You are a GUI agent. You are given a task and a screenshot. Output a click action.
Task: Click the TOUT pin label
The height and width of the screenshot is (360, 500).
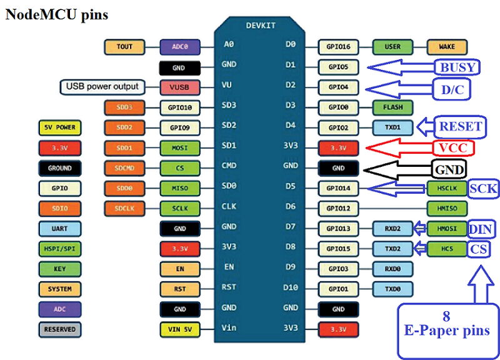click(x=124, y=47)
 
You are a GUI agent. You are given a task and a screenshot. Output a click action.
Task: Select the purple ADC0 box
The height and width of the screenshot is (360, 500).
click(x=180, y=47)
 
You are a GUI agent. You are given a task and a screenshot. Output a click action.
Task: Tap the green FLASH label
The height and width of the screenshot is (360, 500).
click(x=392, y=107)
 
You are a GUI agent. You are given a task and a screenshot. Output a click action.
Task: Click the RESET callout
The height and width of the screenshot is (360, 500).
click(x=460, y=127)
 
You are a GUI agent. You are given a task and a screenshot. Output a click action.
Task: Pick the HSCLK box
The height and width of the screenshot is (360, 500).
click(x=446, y=188)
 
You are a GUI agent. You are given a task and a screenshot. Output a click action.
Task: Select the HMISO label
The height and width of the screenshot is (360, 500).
click(x=446, y=209)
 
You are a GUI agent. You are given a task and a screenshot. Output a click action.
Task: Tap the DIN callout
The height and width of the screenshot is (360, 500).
click(x=480, y=229)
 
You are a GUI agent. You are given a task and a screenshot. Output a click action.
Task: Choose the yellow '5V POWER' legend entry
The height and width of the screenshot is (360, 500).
click(x=60, y=127)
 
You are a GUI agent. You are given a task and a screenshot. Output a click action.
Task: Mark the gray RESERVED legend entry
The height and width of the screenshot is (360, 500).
click(x=60, y=329)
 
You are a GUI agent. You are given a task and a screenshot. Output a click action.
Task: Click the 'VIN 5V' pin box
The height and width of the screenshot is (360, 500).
click(x=180, y=329)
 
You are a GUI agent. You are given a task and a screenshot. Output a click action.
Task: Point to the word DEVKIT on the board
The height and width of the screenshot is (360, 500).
click(x=261, y=26)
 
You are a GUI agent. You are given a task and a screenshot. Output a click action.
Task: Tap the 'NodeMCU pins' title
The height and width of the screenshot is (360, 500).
click(x=56, y=14)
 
